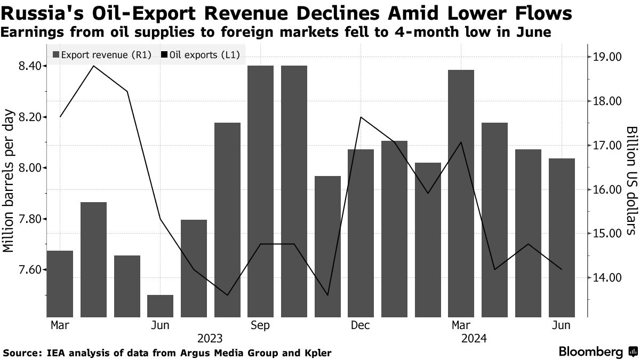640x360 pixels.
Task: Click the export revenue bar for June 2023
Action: click(x=161, y=305)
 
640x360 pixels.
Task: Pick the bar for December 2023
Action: click(x=361, y=233)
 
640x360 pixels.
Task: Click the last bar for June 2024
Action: click(x=562, y=237)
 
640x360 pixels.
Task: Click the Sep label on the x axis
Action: click(x=261, y=326)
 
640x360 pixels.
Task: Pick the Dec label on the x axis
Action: click(x=361, y=326)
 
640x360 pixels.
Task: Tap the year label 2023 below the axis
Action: click(x=211, y=338)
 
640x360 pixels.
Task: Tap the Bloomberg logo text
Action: click(x=590, y=351)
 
